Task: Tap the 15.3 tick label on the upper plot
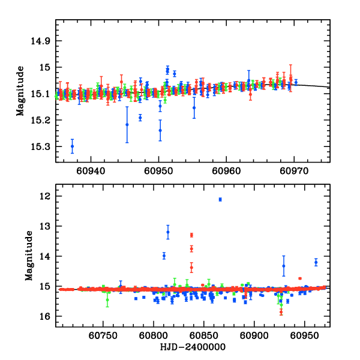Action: (x=42, y=146)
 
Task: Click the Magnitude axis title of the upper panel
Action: (x=20, y=91)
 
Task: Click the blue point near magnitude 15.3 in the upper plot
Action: (x=72, y=146)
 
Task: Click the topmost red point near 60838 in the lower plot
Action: (x=191, y=235)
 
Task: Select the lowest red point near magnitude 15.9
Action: (x=281, y=311)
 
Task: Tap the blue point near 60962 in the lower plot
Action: (x=316, y=262)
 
